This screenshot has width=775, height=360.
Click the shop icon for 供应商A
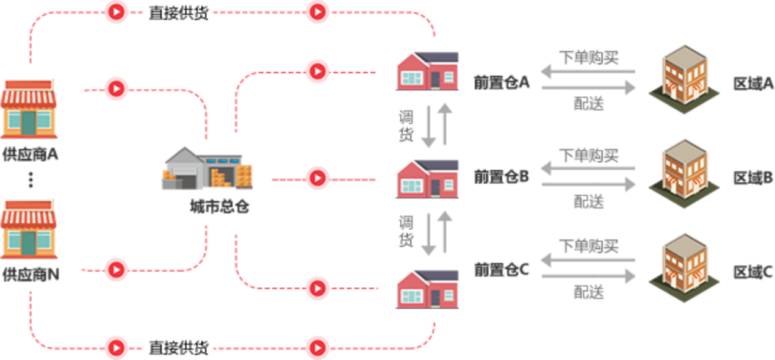[29, 109]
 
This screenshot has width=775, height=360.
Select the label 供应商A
[30, 155]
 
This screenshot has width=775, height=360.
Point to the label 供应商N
[30, 275]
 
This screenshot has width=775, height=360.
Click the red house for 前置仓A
[427, 71]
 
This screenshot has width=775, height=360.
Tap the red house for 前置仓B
[427, 179]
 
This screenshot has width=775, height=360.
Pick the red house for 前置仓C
[427, 288]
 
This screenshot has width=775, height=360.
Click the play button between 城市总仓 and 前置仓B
[317, 179]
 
